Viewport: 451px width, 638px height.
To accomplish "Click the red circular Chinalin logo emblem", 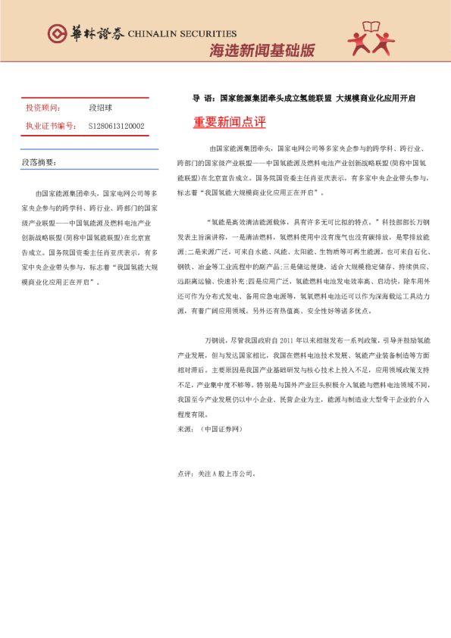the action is coord(57,33).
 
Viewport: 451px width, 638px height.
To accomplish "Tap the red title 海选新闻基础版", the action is coord(262,51).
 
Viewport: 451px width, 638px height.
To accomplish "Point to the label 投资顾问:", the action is coord(43,108).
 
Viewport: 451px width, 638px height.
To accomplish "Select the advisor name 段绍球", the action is coord(100,108).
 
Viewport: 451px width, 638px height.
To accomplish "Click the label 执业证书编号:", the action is coord(50,126).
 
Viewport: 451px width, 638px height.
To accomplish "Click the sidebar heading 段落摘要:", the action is coord(39,162).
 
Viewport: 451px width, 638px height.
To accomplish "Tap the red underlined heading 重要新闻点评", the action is coord(229,123).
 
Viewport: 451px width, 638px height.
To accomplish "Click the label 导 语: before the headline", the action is coord(202,98).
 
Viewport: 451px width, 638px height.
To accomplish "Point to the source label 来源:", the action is coord(185,429).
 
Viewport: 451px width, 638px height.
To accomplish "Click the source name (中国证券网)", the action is coord(221,429).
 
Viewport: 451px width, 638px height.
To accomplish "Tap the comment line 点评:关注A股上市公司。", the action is coord(216,474).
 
